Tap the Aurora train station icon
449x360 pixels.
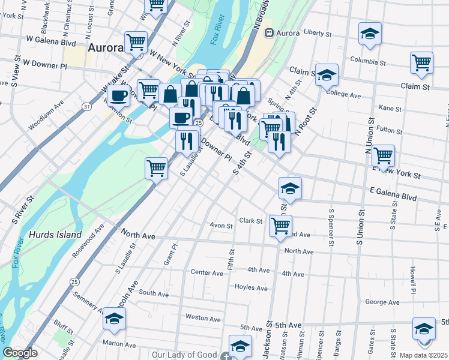[270, 32]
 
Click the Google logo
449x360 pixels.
[20, 352]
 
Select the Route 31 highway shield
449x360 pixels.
[88, 107]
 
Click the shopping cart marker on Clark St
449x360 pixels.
[280, 226]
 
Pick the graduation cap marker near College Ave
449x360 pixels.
[327, 75]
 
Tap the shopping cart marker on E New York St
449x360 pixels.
[383, 156]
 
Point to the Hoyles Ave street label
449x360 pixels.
[251, 288]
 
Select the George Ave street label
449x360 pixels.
[382, 302]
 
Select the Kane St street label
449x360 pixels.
[390, 108]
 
